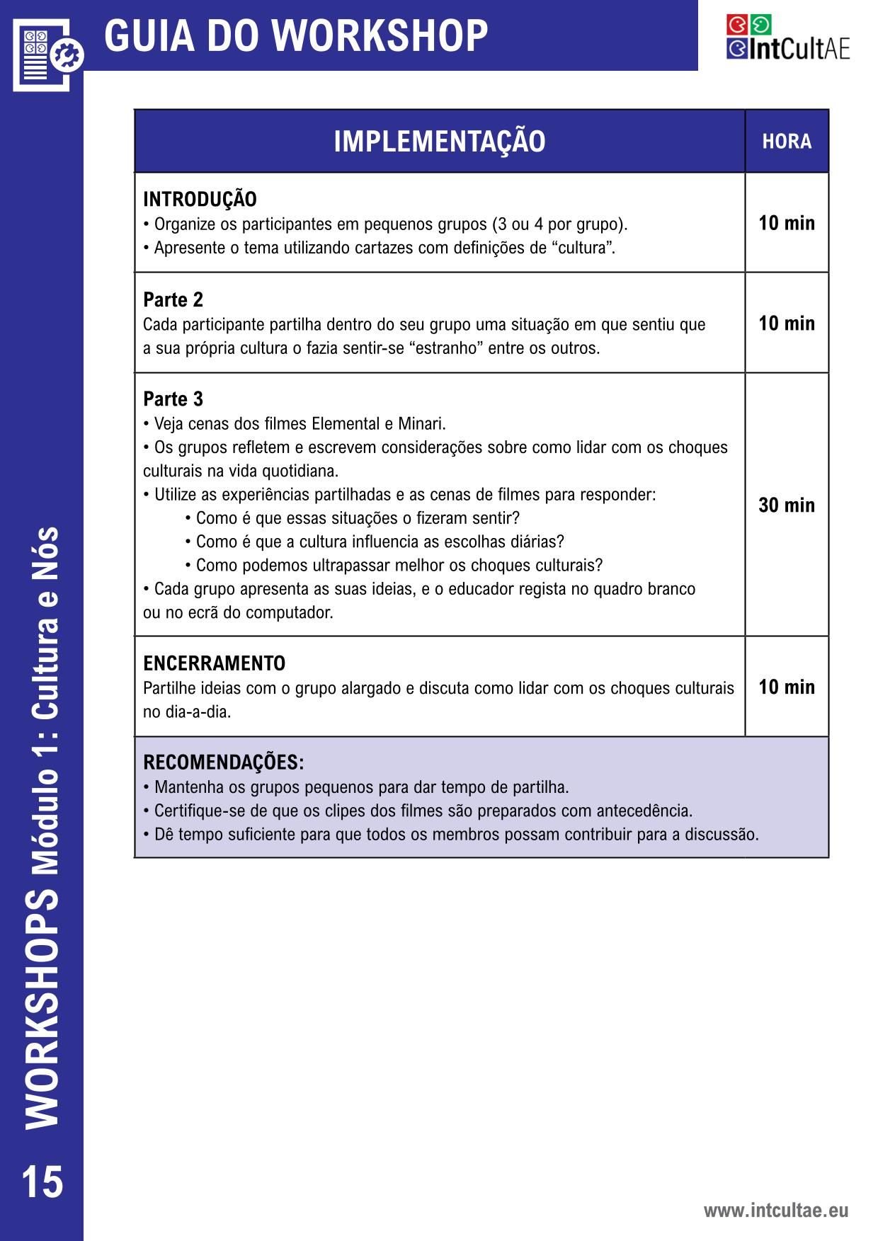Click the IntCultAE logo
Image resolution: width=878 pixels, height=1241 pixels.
click(787, 38)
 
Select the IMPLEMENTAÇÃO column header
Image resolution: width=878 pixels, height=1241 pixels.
click(439, 142)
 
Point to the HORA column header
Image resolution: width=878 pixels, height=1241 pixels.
click(787, 142)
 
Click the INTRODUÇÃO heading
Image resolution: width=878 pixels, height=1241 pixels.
click(200, 200)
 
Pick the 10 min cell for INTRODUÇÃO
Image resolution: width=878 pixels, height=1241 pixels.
click(787, 223)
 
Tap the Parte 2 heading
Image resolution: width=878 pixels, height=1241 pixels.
click(173, 300)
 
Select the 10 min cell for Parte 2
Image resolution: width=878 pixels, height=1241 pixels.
click(787, 324)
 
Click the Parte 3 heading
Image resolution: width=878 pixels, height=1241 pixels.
click(173, 399)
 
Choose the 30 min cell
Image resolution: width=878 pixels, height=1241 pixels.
click(787, 505)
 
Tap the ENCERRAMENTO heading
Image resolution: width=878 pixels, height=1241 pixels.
click(214, 663)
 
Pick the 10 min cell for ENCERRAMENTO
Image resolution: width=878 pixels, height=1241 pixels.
click(787, 687)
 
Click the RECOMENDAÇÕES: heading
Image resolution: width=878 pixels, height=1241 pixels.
click(223, 762)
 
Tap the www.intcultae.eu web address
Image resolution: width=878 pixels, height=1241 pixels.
click(775, 1211)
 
